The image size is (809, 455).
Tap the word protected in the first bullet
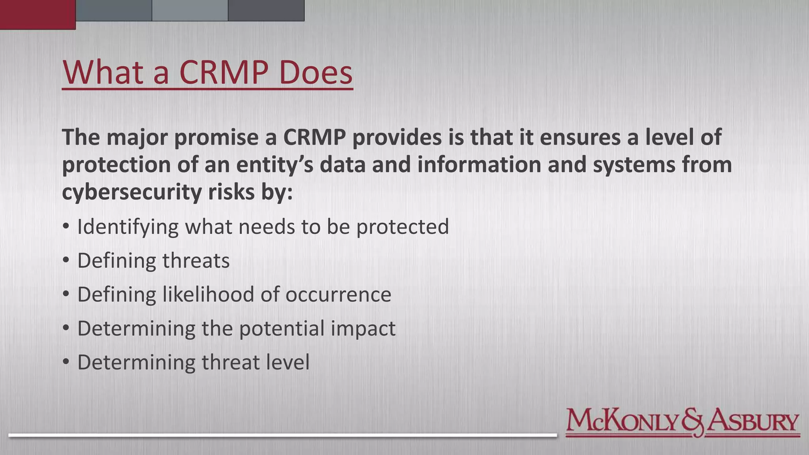(x=403, y=227)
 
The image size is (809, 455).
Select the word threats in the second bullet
(x=196, y=261)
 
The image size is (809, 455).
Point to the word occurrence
(x=338, y=295)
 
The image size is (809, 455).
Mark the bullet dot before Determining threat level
(x=66, y=362)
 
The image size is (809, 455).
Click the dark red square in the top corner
(x=38, y=14)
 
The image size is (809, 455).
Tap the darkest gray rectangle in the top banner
(x=266, y=10)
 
